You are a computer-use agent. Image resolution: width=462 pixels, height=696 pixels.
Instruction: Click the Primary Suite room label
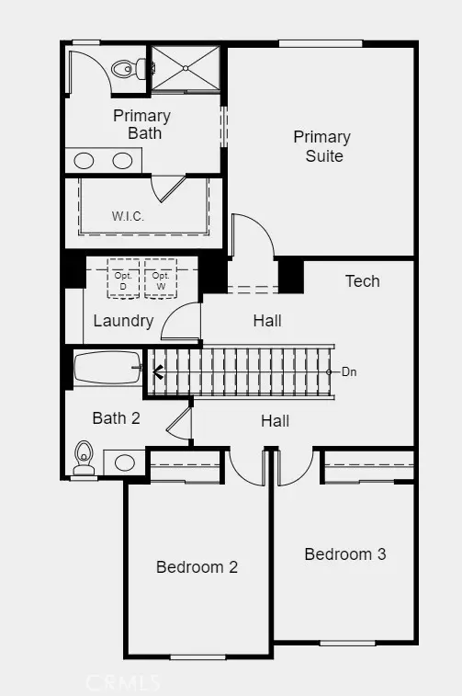point(322,146)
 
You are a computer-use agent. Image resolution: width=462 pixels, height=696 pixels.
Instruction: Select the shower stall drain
point(186,68)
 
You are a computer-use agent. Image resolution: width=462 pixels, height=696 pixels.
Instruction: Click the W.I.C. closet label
point(128,217)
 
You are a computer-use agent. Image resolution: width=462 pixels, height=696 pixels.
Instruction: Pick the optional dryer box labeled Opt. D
point(123,279)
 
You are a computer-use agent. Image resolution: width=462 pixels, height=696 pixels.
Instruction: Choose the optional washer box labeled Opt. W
point(161,279)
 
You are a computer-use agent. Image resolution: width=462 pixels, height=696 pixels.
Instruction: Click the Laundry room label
point(123,321)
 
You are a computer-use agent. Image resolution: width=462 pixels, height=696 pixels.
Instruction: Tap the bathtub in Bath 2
point(107,368)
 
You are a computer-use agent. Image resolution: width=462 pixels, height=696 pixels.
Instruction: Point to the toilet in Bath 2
point(84,457)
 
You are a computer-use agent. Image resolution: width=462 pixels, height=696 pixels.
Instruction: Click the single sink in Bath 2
point(125,462)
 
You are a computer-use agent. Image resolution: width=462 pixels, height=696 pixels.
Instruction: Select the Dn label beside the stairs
point(349,372)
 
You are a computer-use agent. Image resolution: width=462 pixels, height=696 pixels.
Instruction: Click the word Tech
point(363,281)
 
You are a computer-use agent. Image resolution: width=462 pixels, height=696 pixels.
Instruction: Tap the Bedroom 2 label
point(197,567)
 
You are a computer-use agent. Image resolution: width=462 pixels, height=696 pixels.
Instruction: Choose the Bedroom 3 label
point(345,554)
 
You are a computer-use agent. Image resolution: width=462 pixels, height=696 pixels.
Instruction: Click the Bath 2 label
point(116,417)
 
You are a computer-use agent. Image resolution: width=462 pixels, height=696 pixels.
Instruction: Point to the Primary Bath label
point(141,124)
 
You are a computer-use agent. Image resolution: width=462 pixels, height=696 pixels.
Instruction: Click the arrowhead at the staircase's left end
point(157,372)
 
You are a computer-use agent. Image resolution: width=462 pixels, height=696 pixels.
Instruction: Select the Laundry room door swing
point(181,321)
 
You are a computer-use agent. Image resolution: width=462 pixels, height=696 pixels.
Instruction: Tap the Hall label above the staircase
point(267,321)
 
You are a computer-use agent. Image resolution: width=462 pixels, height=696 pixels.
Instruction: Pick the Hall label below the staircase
point(276,421)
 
